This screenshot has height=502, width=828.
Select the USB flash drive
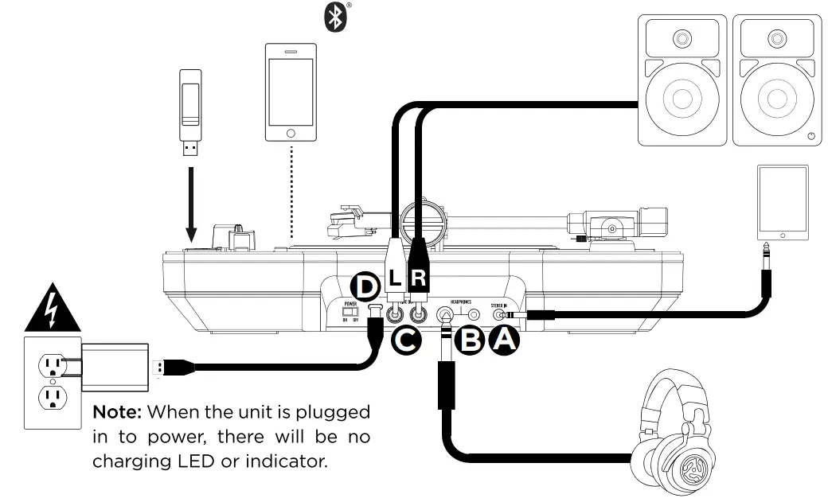click(190, 111)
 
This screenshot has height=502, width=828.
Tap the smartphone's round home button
click(291, 133)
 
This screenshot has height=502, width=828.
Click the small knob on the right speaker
click(810, 137)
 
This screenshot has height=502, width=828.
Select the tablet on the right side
click(782, 202)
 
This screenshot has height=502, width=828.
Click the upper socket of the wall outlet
click(51, 366)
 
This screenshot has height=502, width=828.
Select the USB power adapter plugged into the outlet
click(115, 368)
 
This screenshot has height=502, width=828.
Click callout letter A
click(504, 341)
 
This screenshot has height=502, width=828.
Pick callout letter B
click(471, 341)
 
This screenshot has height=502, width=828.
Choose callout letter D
click(366, 285)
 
